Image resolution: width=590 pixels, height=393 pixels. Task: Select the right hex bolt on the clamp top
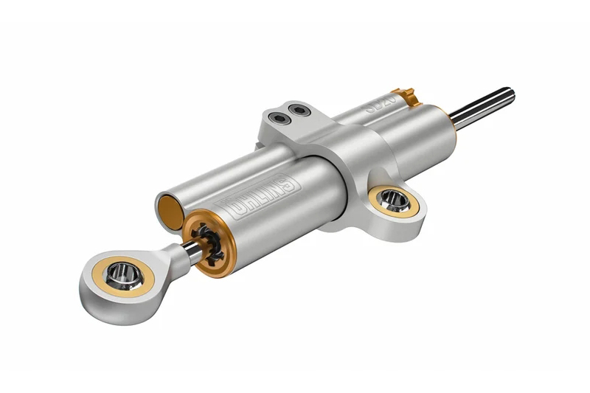pos(299,110)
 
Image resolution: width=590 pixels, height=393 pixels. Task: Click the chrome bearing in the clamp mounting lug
pos(395,199)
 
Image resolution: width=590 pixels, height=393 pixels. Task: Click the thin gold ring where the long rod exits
pos(447,116)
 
